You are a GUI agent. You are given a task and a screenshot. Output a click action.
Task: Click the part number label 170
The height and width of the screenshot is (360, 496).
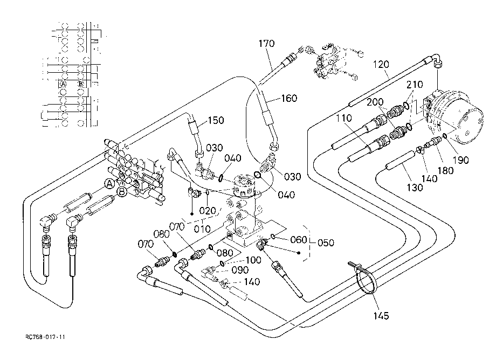coord(266,43)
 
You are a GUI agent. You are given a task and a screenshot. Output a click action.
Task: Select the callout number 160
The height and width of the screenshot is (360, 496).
coord(289,98)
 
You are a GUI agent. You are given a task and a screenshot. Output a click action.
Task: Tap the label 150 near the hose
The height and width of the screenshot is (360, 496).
coord(216,120)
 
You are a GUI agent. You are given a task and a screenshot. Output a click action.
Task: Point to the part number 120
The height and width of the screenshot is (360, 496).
coord(381,64)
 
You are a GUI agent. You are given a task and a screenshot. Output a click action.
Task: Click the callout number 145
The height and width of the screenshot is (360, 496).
coord(381,315)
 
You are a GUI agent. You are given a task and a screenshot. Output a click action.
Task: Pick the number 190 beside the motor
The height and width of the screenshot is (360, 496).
coord(460,160)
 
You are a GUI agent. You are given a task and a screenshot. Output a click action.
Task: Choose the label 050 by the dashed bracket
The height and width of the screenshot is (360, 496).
coord(326,243)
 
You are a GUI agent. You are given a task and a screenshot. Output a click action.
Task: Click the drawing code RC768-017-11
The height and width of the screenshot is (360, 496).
coord(45,337)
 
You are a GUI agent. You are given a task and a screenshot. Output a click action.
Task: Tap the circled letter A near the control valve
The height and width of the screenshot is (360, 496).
coord(110,184)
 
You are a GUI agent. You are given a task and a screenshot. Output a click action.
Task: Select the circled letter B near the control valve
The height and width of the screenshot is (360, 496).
coord(122,191)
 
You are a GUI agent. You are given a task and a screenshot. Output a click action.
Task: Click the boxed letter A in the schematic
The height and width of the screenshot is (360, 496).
coord(63,84)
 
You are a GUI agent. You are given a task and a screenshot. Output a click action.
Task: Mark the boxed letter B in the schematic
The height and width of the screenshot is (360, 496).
coord(81,84)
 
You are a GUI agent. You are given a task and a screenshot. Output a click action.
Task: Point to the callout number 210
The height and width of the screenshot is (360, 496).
coord(415,85)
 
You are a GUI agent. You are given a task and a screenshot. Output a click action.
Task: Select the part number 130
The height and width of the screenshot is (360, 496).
coord(415,188)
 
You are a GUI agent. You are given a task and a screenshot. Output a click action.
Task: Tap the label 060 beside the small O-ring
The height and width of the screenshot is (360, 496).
coord(299,240)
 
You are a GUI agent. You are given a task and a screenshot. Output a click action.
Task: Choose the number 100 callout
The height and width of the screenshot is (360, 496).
coord(253,260)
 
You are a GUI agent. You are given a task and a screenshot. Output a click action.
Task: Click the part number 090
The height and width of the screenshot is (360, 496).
coord(240,270)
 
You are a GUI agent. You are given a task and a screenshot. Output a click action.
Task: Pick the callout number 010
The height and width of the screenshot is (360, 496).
coord(202,229)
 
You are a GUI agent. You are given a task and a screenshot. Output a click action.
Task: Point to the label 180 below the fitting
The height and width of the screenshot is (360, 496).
coord(445,171)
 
